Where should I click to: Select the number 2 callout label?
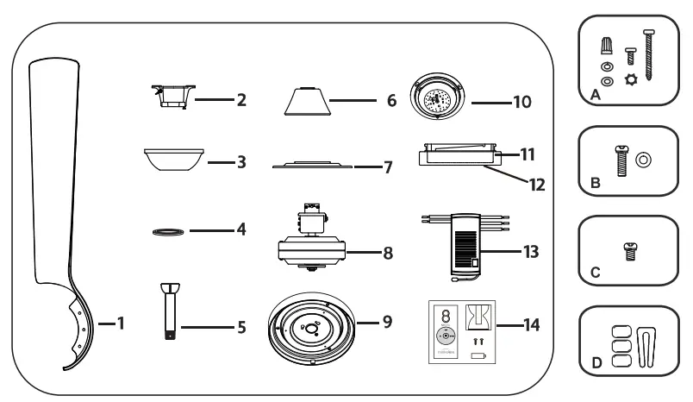point(241,101)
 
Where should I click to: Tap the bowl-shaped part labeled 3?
point(173,160)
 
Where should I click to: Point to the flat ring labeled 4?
point(166,231)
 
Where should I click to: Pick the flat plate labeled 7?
point(311,164)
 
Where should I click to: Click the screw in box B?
point(621,160)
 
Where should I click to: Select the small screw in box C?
point(628,250)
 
